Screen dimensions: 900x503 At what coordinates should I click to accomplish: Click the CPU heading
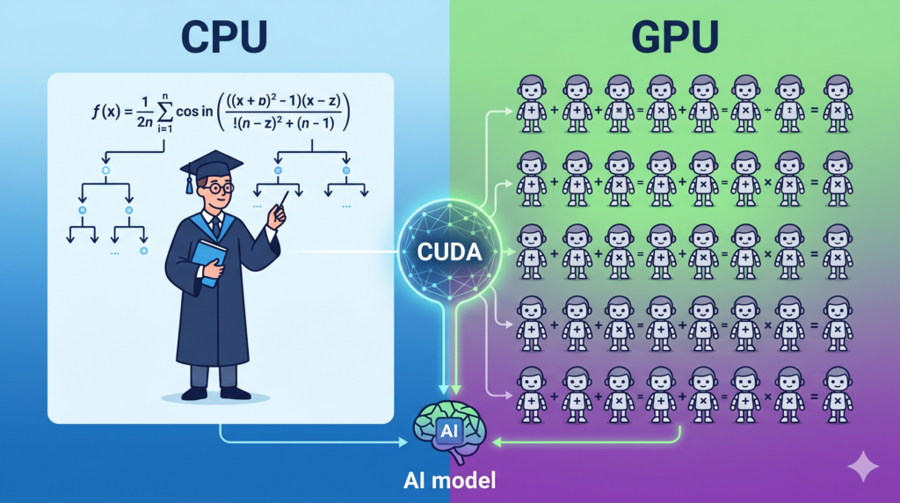click(224, 37)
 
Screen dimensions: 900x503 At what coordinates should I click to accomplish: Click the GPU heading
click(675, 37)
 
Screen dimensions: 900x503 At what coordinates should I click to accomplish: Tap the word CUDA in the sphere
click(449, 252)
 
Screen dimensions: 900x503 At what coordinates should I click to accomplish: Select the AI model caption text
click(449, 480)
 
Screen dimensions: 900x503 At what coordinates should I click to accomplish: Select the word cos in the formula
click(186, 112)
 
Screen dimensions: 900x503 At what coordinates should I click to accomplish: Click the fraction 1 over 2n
click(145, 112)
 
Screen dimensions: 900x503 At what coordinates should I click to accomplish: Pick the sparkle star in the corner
click(863, 466)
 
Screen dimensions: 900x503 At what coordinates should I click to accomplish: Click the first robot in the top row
click(532, 104)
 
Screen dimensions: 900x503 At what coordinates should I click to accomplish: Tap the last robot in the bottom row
click(838, 396)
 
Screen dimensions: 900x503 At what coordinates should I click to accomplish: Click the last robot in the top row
click(838, 104)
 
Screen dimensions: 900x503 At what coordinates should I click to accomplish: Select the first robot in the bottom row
click(532, 396)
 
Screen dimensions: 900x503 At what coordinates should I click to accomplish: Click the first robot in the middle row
click(532, 252)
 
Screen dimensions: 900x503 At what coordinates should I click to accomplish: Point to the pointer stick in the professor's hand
click(283, 200)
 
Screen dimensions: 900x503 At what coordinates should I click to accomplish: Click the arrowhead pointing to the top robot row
click(509, 112)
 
